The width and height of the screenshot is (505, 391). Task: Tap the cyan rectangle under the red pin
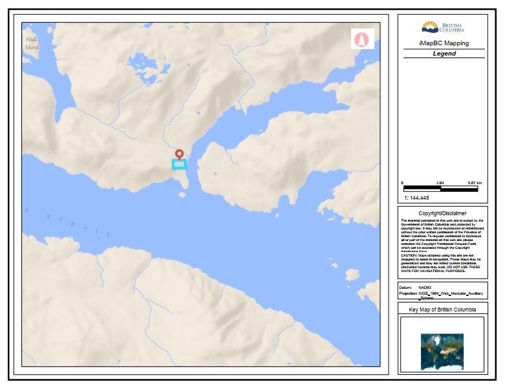[179, 164]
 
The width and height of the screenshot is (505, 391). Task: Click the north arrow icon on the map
[361, 39]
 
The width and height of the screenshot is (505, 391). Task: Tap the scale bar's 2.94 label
[440, 184]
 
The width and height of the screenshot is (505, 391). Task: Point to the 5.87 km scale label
[475, 184]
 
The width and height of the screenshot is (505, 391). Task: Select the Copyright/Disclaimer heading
[442, 213]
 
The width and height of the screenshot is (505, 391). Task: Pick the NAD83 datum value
[424, 288]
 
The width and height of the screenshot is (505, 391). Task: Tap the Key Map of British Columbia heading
[442, 310]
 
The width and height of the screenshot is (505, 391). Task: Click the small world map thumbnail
[442, 347]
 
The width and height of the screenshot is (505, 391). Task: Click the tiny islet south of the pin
[182, 195]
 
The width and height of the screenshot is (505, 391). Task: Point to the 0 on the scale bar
[403, 184]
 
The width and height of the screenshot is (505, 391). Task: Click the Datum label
[406, 288]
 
